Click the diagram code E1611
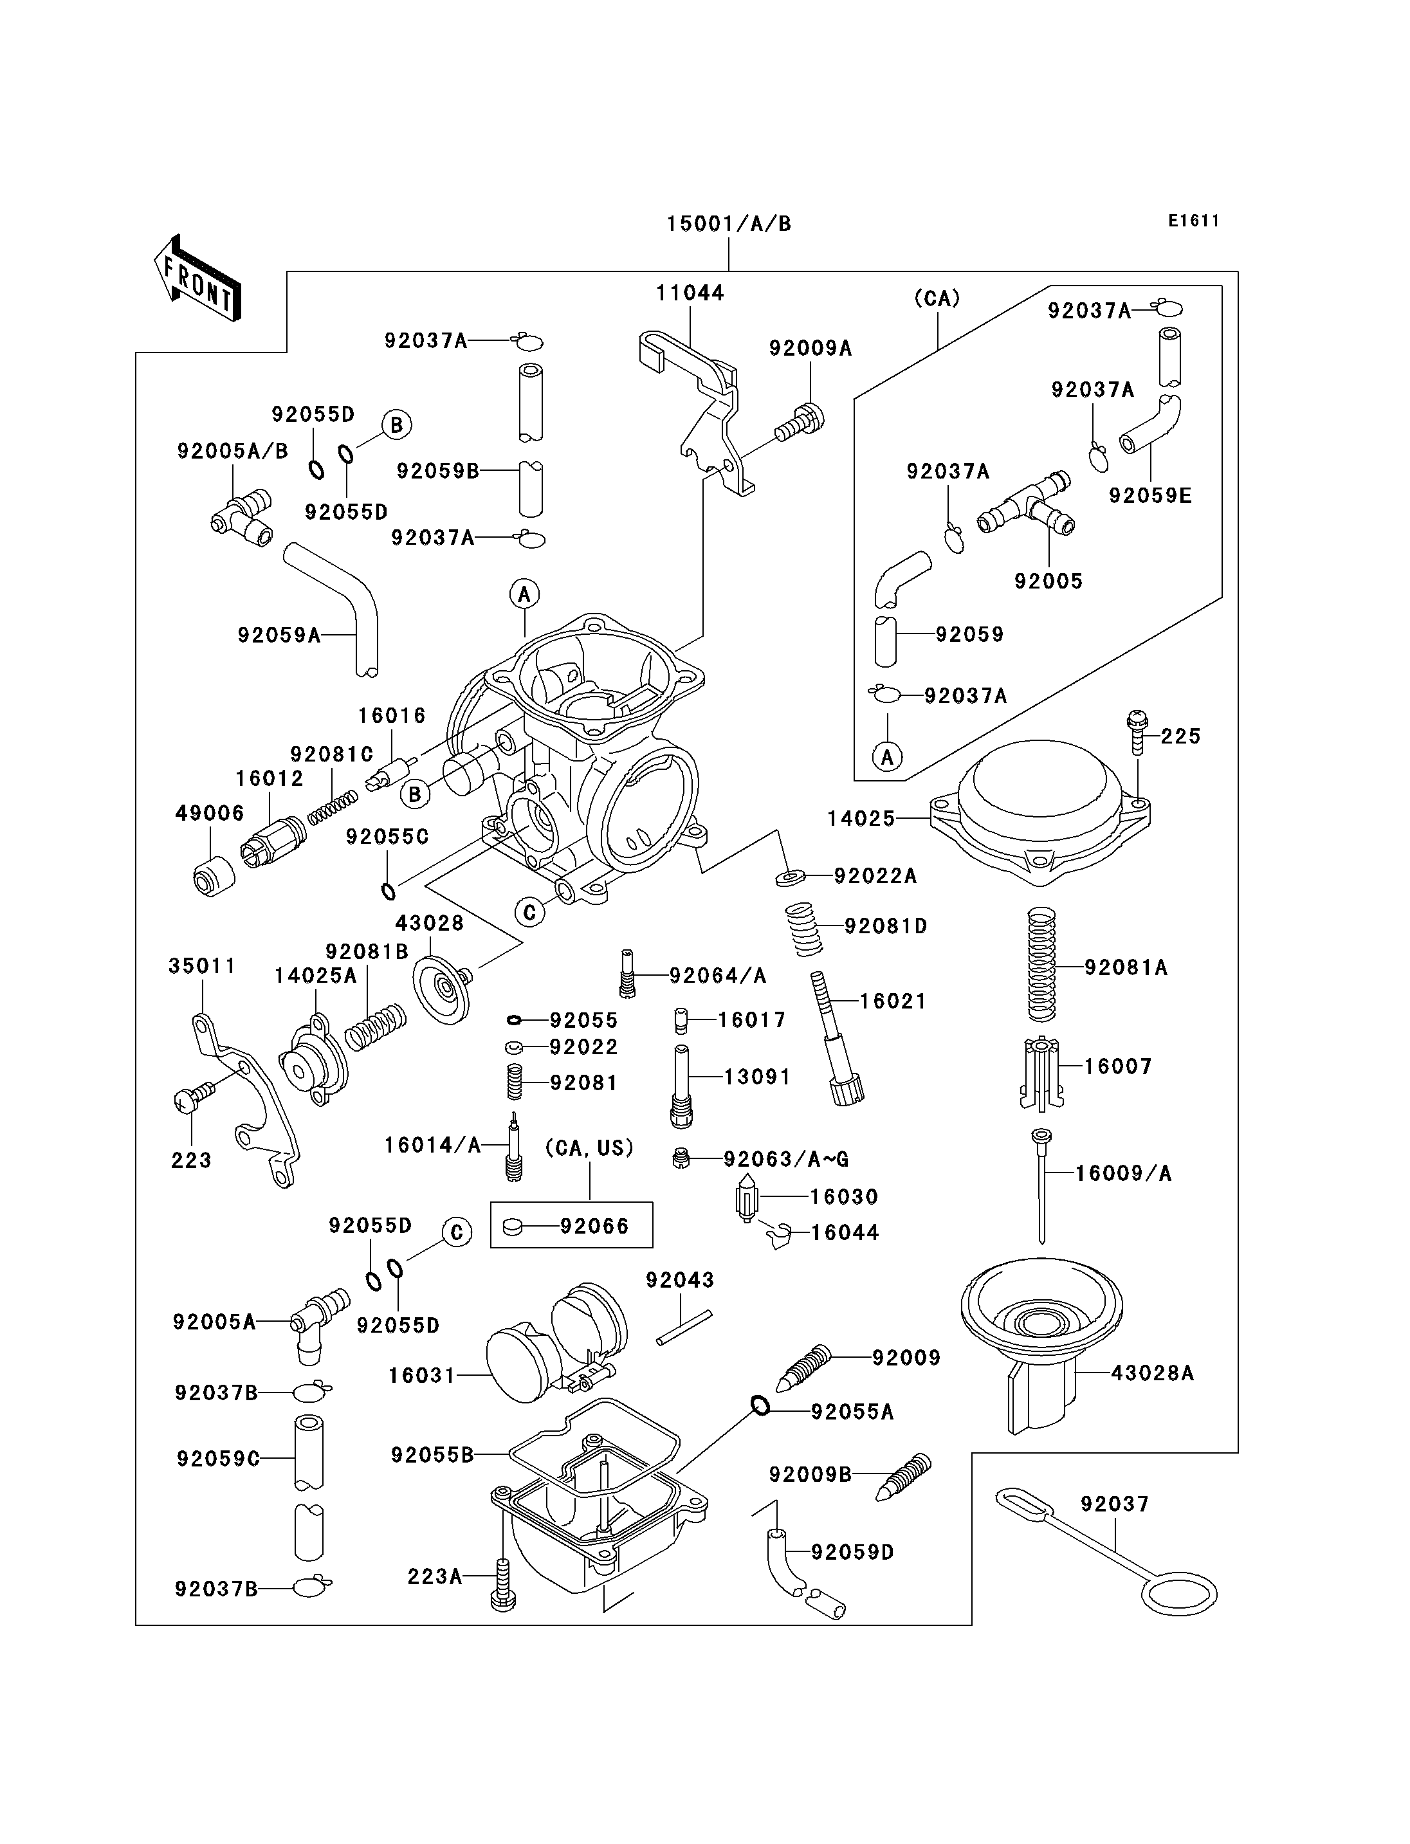[x=1193, y=221]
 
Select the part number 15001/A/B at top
[x=729, y=224]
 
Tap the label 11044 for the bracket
[x=690, y=293]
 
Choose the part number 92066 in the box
[x=594, y=1227]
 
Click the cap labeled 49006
[x=214, y=875]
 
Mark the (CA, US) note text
[x=589, y=1147]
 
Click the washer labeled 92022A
[x=790, y=878]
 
